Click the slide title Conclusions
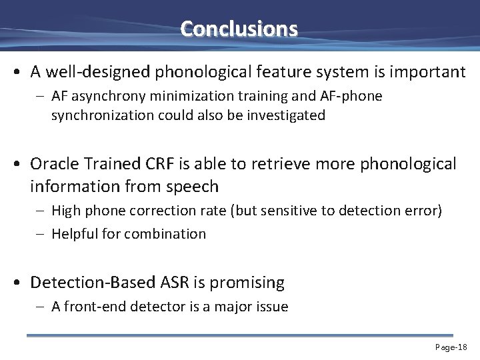[x=239, y=29]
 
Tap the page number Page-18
[x=451, y=347]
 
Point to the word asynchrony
[x=109, y=97]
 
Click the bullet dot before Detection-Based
[x=21, y=283]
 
